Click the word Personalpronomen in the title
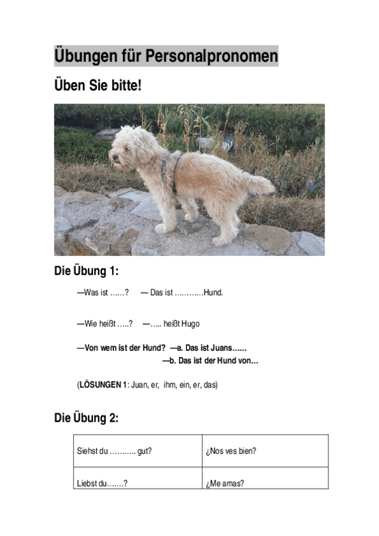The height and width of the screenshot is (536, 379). pyautogui.click(x=211, y=56)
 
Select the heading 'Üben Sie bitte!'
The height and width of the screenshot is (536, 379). pyautogui.click(x=97, y=86)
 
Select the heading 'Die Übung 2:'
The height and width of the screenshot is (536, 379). pyautogui.click(x=87, y=418)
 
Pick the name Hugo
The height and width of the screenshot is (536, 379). pyautogui.click(x=190, y=324)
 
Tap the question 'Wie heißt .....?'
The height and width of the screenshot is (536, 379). pyautogui.click(x=105, y=324)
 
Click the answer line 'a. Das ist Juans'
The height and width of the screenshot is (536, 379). pyautogui.click(x=209, y=348)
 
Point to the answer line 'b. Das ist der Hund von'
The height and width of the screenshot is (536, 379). pyautogui.click(x=211, y=361)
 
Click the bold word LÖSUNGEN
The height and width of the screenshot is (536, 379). pyautogui.click(x=101, y=384)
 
